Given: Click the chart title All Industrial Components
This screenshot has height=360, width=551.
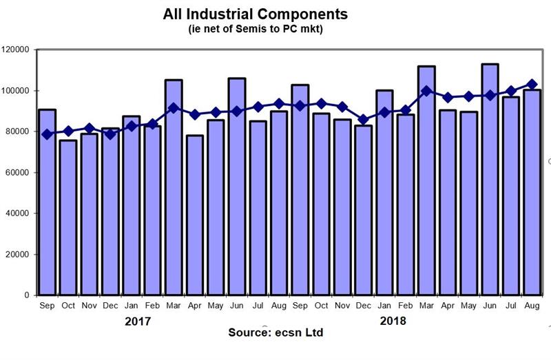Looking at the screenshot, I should point(256,14).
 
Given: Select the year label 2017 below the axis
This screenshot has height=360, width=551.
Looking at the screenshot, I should point(138,321).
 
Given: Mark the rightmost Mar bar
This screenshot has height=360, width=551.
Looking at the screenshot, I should point(426,180).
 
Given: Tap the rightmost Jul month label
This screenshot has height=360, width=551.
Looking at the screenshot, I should point(510,305).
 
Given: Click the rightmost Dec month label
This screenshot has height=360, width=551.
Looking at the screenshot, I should point(363,305).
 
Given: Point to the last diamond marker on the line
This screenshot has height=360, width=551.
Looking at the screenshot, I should point(532,85).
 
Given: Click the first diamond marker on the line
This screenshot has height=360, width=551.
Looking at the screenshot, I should point(47,134).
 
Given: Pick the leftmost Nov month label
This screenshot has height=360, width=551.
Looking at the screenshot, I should point(89,305).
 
